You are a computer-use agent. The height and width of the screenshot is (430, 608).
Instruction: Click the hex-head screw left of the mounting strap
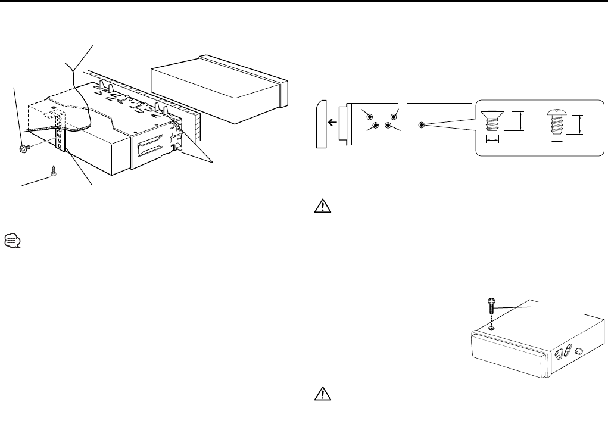pos(24,148)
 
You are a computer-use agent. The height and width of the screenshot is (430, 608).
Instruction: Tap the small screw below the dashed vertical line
pos(54,173)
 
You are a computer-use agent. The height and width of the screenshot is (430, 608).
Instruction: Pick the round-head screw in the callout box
pos(556,124)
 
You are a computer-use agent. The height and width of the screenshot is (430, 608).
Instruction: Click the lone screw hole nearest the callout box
pos(422,126)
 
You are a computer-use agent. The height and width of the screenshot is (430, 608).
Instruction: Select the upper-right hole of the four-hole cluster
pos(393,116)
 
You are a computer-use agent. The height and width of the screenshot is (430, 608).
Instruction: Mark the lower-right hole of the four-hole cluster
pos(388,125)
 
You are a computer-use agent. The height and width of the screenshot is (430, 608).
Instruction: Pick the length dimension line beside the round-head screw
pos(580,124)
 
